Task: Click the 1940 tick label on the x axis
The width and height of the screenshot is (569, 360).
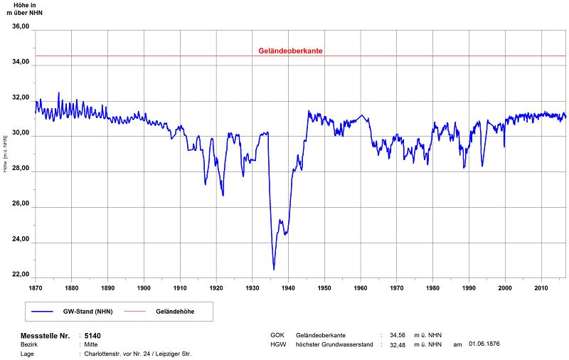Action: [x=288, y=287]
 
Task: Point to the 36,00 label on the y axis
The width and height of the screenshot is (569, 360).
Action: [x=21, y=26]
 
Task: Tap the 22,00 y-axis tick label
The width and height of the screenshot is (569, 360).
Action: [x=21, y=275]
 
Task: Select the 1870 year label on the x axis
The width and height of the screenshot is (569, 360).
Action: [x=35, y=287]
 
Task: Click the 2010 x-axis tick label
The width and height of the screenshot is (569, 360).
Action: [x=541, y=287]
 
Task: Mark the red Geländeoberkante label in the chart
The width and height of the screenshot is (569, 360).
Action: [x=290, y=51]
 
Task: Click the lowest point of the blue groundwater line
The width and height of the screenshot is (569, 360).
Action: [x=274, y=270]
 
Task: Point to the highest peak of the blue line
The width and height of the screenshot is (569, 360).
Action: [x=59, y=93]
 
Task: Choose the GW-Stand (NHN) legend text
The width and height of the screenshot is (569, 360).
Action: [x=87, y=312]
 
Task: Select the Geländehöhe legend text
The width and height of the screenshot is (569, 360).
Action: [x=175, y=312]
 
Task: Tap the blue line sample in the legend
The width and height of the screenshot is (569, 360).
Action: [x=42, y=312]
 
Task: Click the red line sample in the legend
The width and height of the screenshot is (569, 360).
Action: [x=134, y=312]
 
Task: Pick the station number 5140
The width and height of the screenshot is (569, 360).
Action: [x=92, y=336]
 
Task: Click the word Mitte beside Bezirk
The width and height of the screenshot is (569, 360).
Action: [x=91, y=344]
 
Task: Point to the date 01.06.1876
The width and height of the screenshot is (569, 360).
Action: [x=484, y=344]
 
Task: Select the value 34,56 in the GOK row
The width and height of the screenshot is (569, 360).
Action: [x=398, y=335]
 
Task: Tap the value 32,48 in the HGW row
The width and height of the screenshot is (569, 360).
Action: [x=398, y=345]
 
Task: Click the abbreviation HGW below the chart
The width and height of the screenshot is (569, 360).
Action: [x=278, y=344]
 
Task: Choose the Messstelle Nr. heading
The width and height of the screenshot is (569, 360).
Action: [x=46, y=336]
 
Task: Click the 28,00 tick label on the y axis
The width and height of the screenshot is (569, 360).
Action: [x=21, y=168]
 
